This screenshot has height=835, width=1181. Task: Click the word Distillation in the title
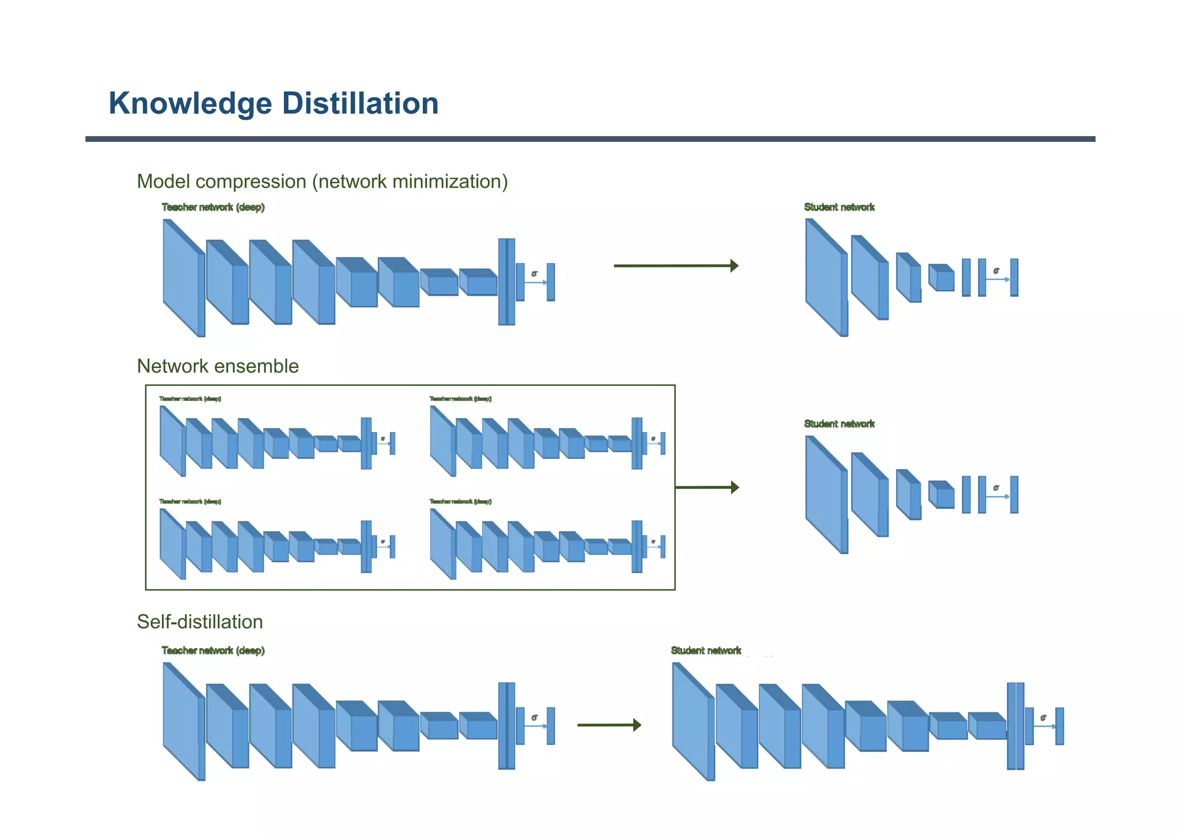tap(360, 104)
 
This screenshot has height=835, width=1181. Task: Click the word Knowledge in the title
tap(190, 104)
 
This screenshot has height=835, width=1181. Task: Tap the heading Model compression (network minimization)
tap(322, 182)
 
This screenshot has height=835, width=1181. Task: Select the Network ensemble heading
tap(217, 366)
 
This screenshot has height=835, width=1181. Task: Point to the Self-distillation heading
tap(200, 622)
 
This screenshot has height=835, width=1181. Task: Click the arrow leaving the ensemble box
tap(707, 487)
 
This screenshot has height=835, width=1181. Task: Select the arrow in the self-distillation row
tap(609, 725)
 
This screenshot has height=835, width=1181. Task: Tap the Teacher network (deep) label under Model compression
tap(213, 207)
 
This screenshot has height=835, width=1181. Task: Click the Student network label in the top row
tap(839, 207)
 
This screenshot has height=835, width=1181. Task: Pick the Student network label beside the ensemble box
tap(839, 424)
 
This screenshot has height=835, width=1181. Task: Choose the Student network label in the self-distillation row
tap(706, 650)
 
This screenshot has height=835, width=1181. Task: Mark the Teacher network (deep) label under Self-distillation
tap(213, 650)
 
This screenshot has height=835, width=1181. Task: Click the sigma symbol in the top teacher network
tap(535, 273)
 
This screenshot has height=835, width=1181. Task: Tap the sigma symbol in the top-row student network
tap(996, 270)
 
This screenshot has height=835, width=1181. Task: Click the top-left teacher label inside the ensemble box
tap(190, 398)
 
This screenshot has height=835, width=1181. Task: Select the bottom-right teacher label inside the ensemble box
tap(460, 501)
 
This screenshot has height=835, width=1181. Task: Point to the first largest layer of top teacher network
tap(182, 277)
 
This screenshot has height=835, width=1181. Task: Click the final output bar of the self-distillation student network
tap(1059, 726)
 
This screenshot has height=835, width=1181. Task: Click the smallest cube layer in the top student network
tap(942, 278)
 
